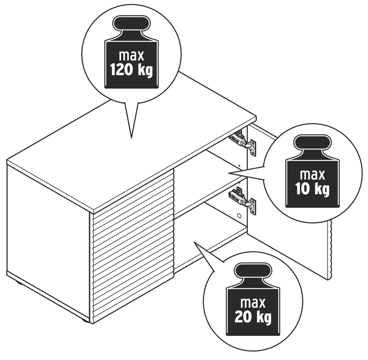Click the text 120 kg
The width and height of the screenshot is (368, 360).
[131, 70]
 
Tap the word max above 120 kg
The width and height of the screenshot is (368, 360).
[131, 55]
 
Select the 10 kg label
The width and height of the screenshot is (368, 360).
[312, 189]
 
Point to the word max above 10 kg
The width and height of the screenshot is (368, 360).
[312, 175]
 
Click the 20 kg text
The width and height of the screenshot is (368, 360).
[253, 317]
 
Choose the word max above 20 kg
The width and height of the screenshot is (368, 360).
[253, 303]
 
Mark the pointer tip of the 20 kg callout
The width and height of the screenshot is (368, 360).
[193, 241]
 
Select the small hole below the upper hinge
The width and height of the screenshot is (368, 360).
[239, 166]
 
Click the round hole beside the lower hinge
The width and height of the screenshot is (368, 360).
[238, 215]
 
